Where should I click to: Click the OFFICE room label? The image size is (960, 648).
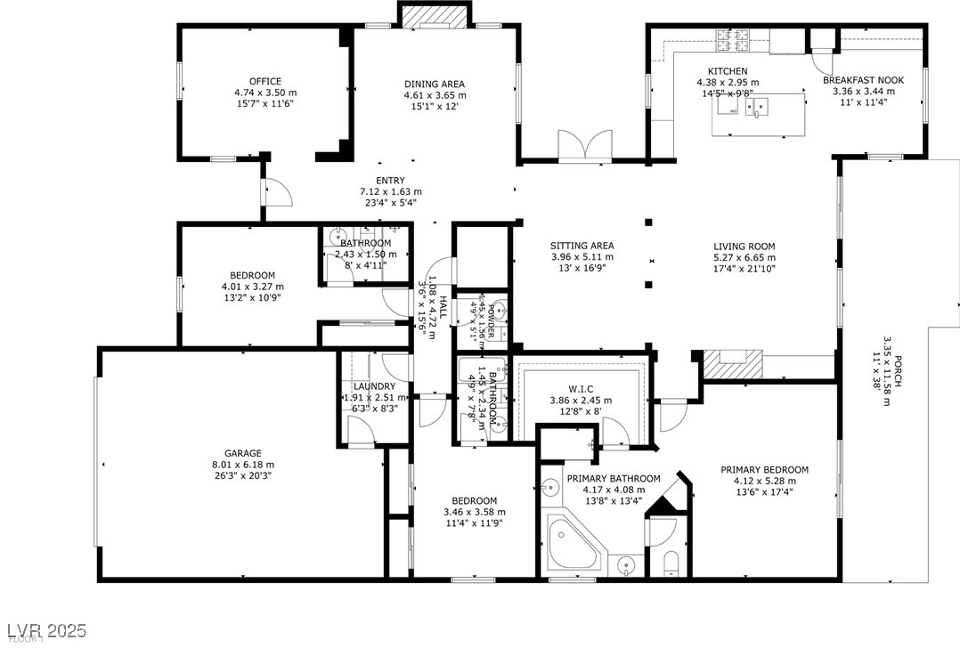(264, 82)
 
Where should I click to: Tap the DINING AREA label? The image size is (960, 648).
(435, 85)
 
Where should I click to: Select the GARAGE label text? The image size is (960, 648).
(242, 453)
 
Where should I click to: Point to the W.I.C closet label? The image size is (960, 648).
(581, 388)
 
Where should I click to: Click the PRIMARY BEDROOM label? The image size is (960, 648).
(764, 470)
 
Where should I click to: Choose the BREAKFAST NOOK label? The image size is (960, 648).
(867, 80)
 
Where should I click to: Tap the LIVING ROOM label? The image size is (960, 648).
(744, 247)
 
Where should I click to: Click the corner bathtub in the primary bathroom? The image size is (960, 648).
(573, 543)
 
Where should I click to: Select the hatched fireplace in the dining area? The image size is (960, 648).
(435, 16)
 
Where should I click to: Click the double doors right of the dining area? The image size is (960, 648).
(585, 145)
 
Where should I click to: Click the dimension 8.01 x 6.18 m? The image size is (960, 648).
(242, 465)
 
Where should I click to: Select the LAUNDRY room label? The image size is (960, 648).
(374, 386)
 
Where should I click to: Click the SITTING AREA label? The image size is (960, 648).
(582, 247)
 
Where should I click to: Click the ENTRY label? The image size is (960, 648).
(390, 181)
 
